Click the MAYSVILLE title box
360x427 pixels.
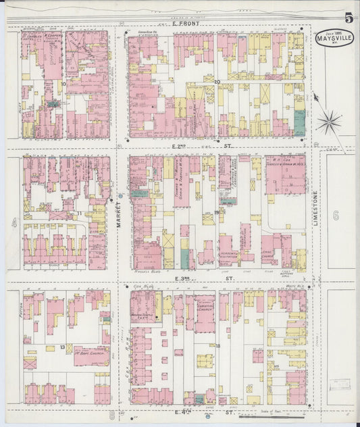click(334, 36)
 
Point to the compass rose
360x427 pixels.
click(330, 122)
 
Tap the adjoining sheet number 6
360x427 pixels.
click(336, 216)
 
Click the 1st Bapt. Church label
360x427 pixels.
click(91, 353)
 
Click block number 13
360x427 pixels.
click(62, 347)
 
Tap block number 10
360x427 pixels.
click(64, 84)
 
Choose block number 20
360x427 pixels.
click(217, 82)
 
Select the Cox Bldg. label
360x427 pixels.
click(140, 286)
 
